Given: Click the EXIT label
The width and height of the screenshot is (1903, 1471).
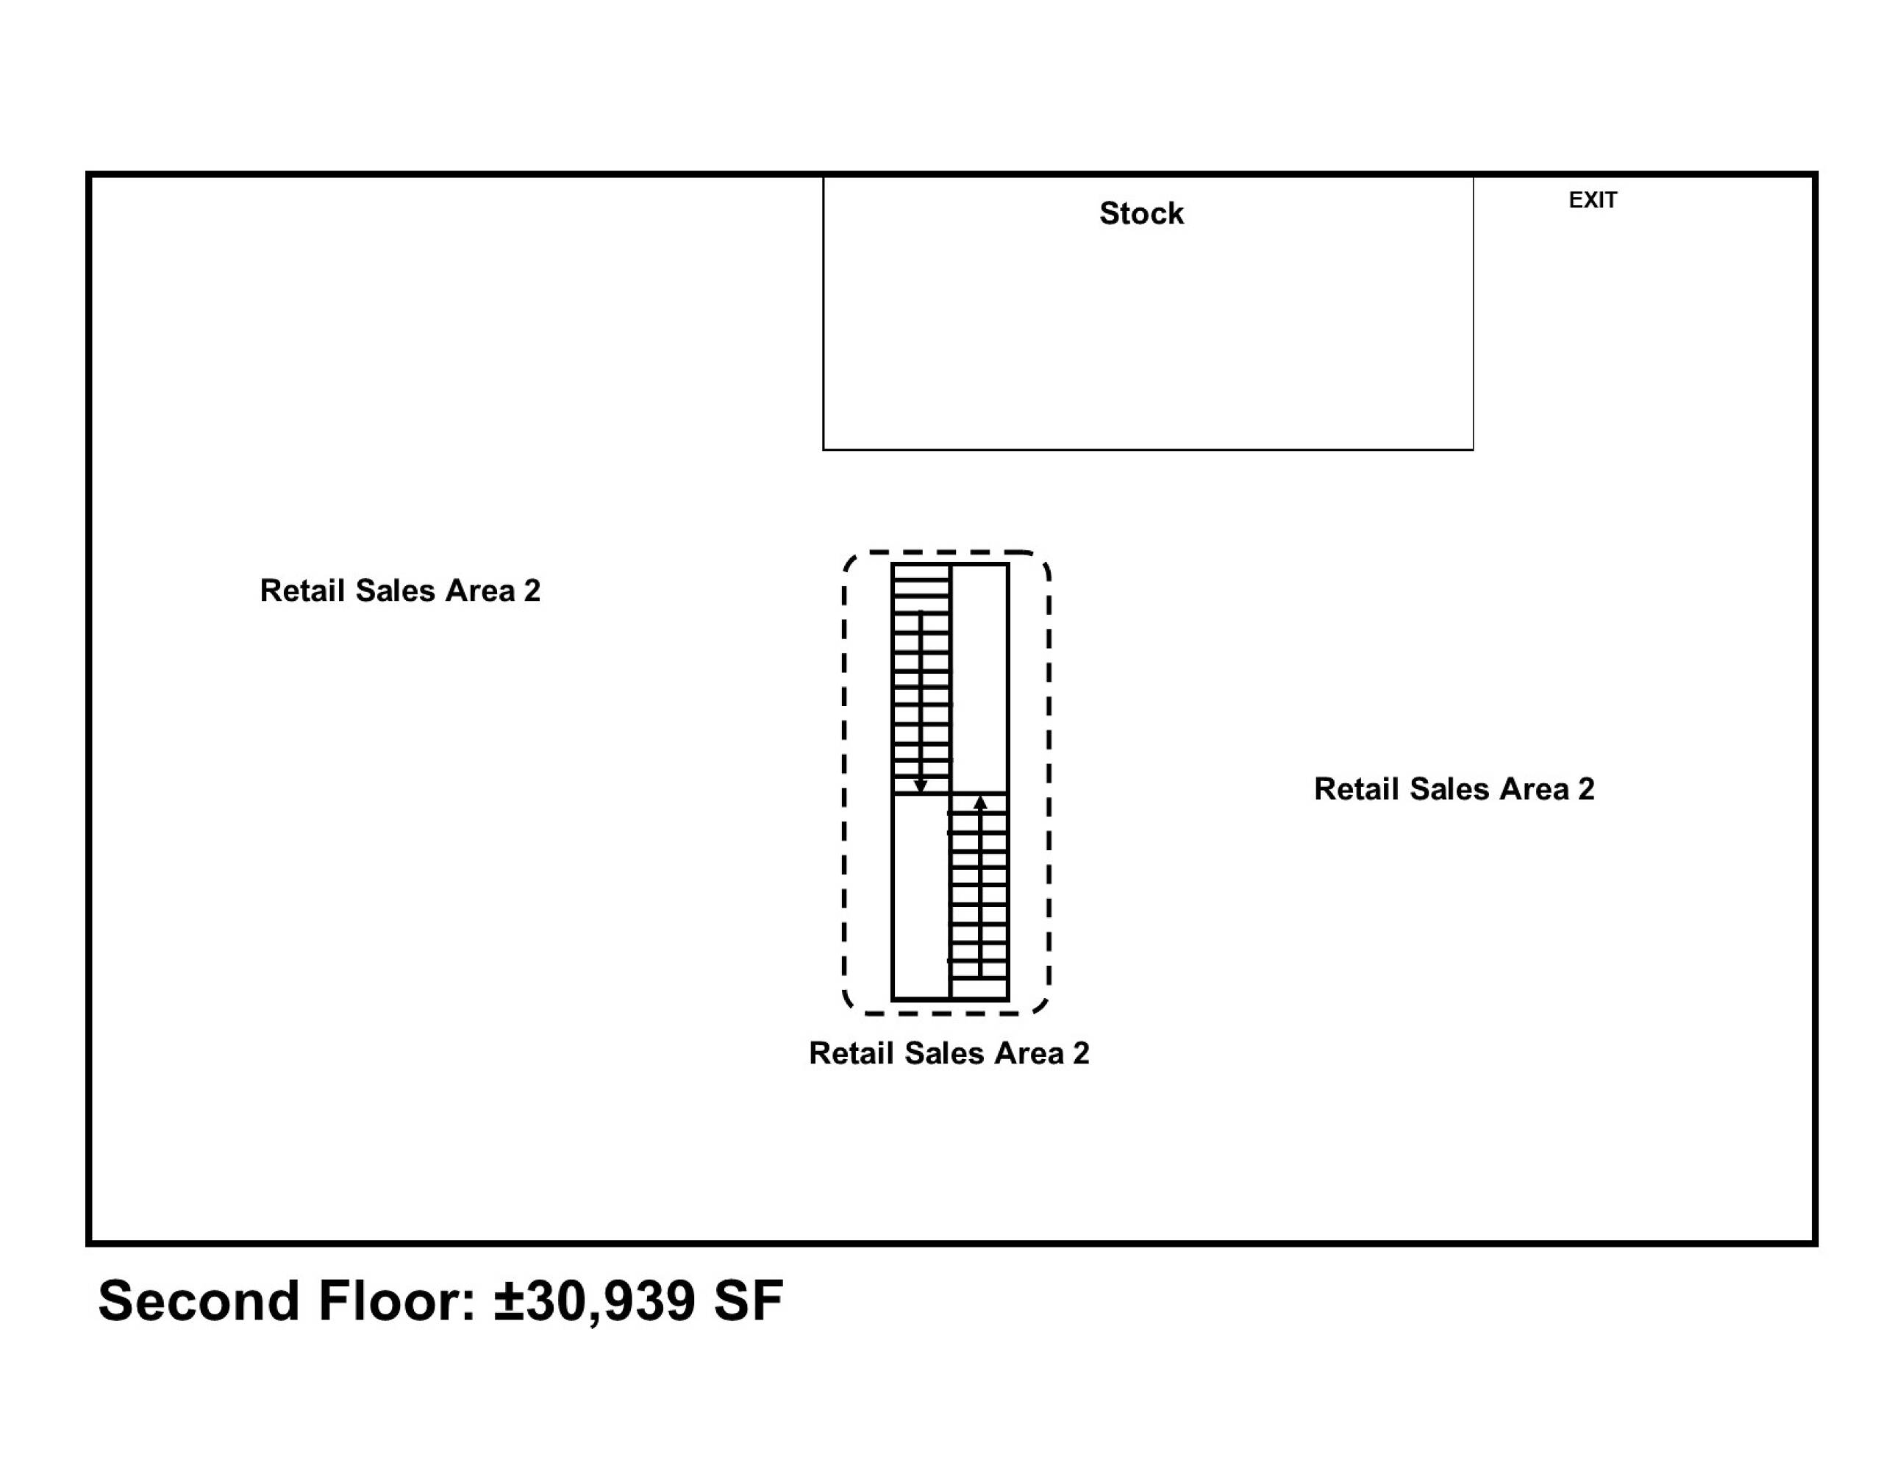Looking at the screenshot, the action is point(1593,201).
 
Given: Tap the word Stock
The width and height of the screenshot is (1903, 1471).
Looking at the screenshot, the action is point(1141,213).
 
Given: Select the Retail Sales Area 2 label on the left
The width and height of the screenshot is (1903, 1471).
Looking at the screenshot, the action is point(400,591).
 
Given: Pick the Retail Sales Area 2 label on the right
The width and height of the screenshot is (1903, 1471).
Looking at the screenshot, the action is point(1454,788).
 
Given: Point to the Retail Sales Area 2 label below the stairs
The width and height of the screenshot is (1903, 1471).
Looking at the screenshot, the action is point(949,1053).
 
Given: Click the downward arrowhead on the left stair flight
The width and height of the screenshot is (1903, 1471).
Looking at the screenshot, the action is point(920,787).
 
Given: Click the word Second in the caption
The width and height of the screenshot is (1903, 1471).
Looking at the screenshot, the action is point(199,1301).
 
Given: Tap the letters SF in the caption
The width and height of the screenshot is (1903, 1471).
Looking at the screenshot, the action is point(749,1301).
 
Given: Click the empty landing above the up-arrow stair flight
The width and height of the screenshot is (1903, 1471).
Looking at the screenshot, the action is point(980,678).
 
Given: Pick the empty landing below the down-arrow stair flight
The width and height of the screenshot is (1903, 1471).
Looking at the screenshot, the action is point(920,896).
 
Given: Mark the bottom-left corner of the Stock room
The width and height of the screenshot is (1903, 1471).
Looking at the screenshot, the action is point(824,449).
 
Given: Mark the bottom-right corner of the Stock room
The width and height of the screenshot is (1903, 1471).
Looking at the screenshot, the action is point(1474,449).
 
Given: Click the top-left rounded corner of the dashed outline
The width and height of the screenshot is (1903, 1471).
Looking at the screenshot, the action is point(851,560).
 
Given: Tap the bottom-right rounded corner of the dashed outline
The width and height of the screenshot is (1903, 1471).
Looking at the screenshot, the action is point(1042,1008).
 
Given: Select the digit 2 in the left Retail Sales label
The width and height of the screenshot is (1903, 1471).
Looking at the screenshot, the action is point(532,591).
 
